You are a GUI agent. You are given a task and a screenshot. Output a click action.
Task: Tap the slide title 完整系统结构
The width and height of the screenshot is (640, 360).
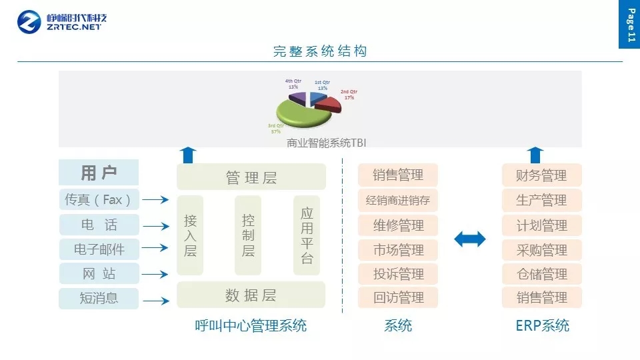(x=320, y=51)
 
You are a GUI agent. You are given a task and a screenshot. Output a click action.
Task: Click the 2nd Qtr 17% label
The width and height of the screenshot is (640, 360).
(x=349, y=95)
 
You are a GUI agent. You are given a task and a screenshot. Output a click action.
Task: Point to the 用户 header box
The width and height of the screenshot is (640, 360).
(x=99, y=173)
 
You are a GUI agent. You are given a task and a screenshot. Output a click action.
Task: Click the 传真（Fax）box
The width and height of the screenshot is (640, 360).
(x=99, y=199)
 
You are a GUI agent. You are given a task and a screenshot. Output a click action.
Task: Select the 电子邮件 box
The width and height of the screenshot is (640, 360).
(x=99, y=249)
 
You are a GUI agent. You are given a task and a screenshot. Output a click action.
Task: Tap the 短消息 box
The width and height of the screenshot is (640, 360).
(x=99, y=298)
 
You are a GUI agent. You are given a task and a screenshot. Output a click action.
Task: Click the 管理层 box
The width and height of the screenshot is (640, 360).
(x=251, y=177)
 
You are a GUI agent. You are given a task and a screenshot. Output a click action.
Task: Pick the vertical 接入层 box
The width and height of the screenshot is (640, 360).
(x=191, y=235)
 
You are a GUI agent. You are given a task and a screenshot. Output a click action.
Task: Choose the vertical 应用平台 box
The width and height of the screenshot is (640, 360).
(x=307, y=235)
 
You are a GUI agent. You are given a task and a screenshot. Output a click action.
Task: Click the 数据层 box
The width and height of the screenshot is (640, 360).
(x=251, y=295)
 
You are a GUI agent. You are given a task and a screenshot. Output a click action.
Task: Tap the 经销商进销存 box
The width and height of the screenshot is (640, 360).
(x=398, y=199)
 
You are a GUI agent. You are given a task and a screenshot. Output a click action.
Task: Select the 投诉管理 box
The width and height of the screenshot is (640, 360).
(x=398, y=274)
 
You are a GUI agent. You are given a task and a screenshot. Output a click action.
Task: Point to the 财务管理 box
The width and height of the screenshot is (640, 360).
(x=541, y=175)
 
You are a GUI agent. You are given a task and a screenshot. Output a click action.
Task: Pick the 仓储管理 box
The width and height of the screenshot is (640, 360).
(x=541, y=274)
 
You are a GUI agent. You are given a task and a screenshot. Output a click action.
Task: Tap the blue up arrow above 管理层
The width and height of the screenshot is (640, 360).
(x=188, y=155)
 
